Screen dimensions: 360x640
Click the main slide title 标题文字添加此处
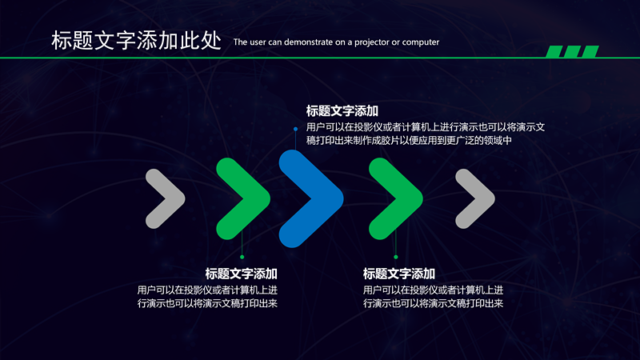(135, 41)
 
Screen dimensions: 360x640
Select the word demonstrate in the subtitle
(303, 42)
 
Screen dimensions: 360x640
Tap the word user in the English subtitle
(260, 42)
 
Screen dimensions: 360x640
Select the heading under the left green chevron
(241, 274)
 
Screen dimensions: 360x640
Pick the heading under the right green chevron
(398, 274)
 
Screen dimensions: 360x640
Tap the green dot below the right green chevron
(395, 257)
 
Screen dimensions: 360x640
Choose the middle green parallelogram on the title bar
(572, 52)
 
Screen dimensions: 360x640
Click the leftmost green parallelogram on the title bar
(554, 52)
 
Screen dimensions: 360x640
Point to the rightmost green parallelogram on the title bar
(590, 52)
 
